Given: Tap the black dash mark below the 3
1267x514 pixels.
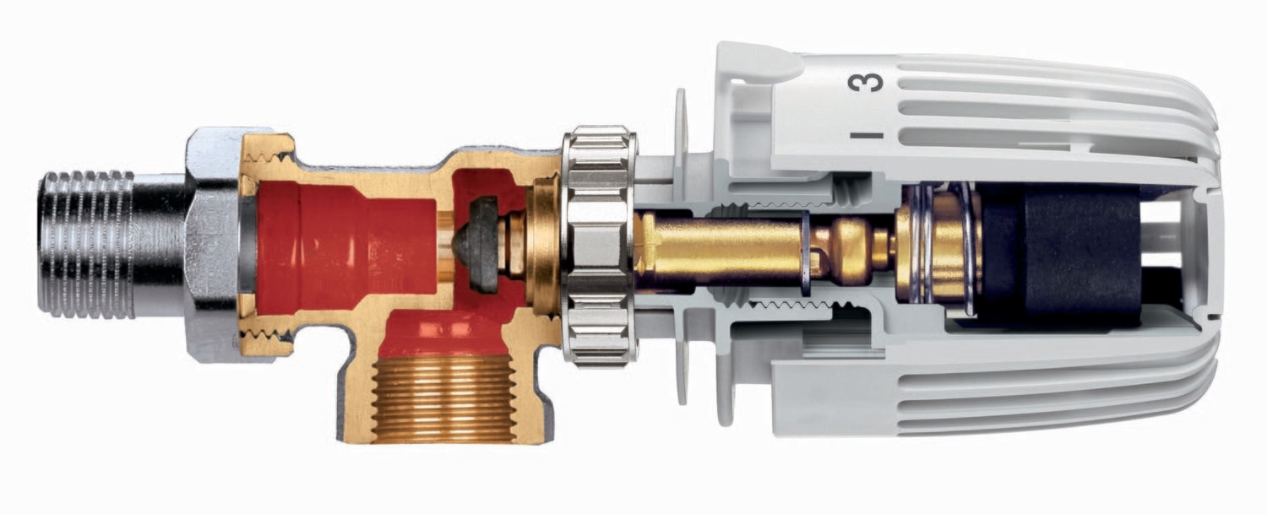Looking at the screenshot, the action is click(x=866, y=136).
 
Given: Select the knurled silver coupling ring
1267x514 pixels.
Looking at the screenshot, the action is click(x=599, y=246).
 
